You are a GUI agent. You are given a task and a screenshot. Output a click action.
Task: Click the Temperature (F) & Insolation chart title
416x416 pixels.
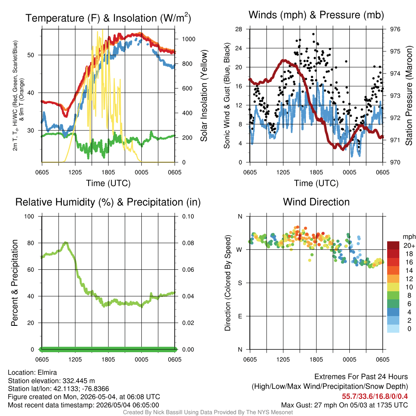click(108, 18)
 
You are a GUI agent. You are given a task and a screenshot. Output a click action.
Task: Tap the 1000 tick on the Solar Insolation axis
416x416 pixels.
click(188, 39)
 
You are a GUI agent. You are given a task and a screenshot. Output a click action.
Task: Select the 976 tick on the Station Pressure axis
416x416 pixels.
click(395, 29)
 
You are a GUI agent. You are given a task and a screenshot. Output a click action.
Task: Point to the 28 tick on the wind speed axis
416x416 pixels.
click(238, 29)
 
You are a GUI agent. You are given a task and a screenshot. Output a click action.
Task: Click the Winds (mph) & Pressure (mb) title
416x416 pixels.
click(316, 15)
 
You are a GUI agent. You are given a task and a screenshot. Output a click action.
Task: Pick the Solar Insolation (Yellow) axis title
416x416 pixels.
click(204, 96)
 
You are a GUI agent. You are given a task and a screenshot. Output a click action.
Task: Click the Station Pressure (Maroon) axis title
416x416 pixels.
click(409, 96)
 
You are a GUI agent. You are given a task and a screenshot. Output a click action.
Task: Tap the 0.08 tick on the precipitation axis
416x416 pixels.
click(188, 243)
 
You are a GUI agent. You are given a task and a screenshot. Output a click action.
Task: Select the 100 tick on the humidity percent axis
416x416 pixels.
click(29, 217)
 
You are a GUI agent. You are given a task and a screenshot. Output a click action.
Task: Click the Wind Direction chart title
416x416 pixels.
click(316, 202)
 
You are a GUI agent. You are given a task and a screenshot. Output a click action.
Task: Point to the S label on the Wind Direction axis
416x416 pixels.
click(240, 283)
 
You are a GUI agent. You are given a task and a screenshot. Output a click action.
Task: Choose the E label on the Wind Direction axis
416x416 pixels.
click(240, 316)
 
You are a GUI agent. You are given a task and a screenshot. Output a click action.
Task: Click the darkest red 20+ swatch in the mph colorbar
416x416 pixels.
click(393, 245)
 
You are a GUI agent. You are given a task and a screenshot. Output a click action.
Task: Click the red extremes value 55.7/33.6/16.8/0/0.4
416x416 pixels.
click(375, 396)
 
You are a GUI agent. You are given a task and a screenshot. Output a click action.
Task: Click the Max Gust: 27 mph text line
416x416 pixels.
click(344, 405)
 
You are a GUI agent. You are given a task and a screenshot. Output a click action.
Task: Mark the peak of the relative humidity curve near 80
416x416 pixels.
click(65, 243)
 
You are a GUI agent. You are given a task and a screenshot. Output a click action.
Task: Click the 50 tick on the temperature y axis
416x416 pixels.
click(31, 55)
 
